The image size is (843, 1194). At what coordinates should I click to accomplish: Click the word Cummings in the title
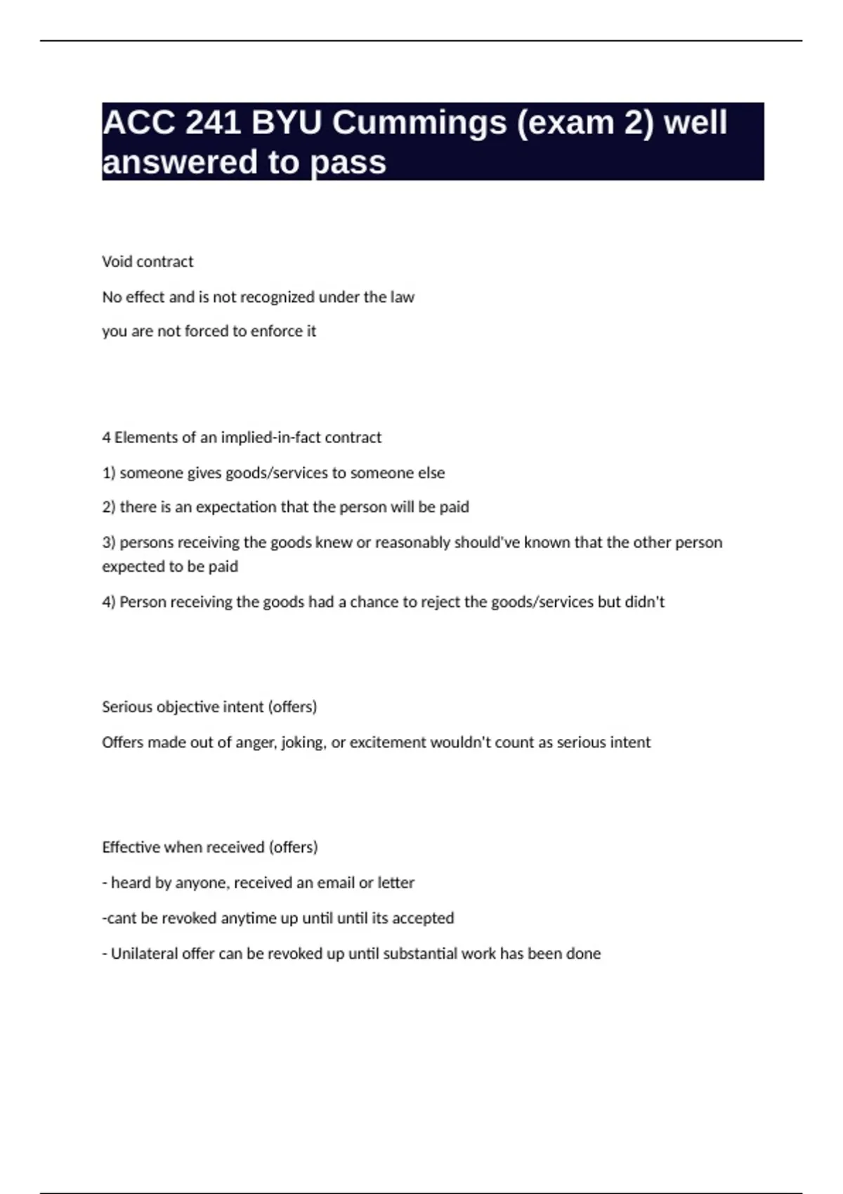[x=419, y=123]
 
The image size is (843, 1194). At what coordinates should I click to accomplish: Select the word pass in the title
[x=348, y=162]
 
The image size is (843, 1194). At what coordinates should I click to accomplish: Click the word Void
[x=117, y=261]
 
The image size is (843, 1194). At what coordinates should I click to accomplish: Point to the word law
[x=403, y=297]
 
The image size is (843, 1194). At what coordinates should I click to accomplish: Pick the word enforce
[x=277, y=331]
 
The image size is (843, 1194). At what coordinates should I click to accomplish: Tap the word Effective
[x=131, y=847]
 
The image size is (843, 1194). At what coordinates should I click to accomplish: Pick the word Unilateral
[x=144, y=954]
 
